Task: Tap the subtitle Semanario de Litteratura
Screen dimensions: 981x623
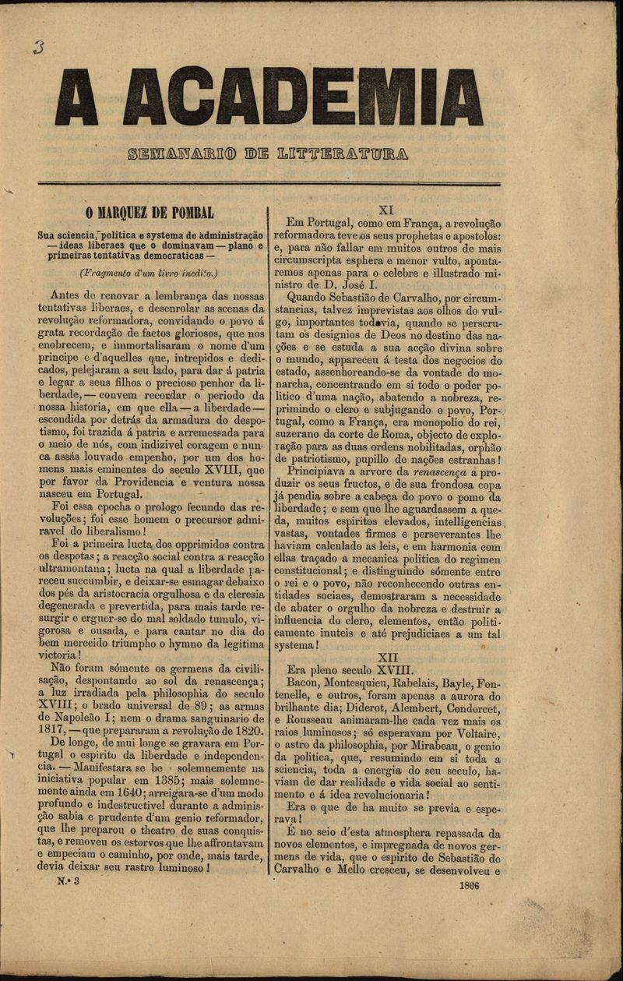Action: point(268,154)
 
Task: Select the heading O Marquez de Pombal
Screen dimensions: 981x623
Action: point(150,213)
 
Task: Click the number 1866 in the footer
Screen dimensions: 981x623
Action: point(470,885)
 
